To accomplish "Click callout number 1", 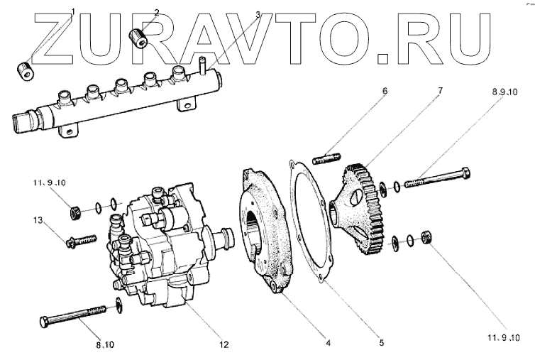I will point(73,11).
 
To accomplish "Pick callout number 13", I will point(37,222).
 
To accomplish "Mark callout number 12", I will point(223,346).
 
